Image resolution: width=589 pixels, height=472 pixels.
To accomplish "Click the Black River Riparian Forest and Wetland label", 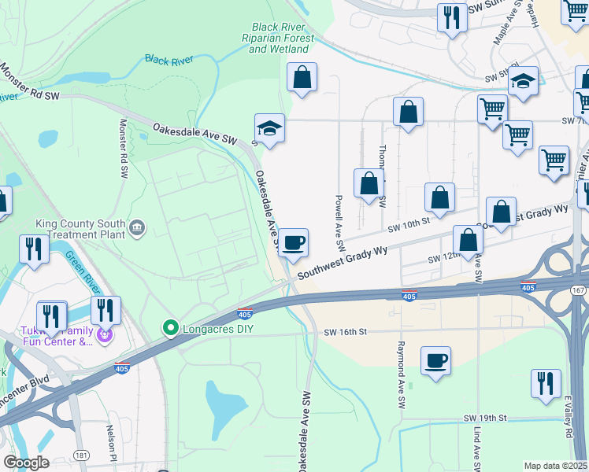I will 279,37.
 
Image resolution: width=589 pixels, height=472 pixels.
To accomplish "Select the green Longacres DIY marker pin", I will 169,326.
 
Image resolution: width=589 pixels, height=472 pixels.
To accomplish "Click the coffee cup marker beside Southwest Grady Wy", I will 293,244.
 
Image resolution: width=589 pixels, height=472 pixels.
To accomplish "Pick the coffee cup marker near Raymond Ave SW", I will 435,362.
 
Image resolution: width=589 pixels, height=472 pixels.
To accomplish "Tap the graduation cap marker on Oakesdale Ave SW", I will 269,129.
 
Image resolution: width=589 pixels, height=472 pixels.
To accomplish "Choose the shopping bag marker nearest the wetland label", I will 302,78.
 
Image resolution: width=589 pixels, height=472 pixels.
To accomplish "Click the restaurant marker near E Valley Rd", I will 546,385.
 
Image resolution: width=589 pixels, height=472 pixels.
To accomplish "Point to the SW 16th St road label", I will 346,333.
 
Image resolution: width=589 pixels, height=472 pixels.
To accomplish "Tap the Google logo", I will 25,463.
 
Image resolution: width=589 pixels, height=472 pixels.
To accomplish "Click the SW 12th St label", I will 443,259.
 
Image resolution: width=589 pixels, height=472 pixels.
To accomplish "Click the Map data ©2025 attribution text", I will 556,466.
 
